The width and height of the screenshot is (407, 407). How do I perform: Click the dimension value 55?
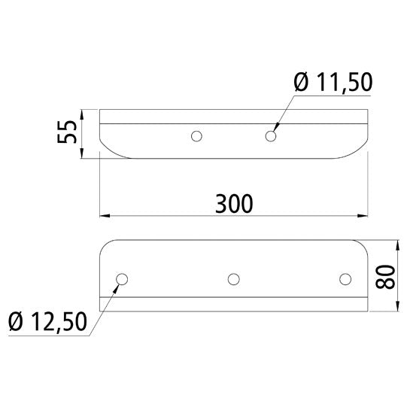pos(67,136)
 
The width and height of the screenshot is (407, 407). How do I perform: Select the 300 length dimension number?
pos(234,203)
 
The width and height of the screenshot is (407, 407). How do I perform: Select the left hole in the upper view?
pos(196,136)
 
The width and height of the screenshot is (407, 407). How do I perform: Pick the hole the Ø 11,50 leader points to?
pos(272,136)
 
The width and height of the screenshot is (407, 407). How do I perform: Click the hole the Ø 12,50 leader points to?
pos(120,279)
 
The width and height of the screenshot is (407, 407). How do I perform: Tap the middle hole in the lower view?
pos(234,279)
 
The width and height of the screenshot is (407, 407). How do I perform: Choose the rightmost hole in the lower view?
pos(345,279)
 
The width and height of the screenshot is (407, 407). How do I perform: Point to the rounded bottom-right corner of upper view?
pos(357,151)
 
